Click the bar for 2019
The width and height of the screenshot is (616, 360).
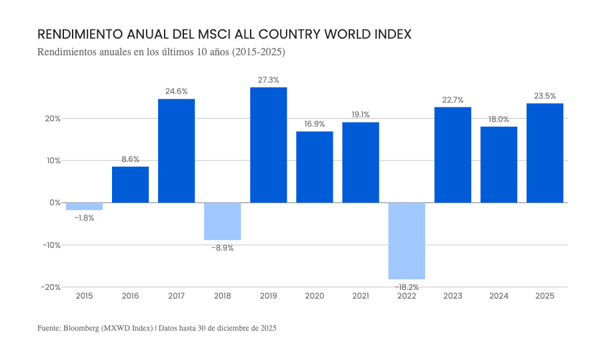click(269, 145)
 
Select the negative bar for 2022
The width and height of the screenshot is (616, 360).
click(407, 241)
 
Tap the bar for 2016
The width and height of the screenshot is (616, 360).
click(130, 185)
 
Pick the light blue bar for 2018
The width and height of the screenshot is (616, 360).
click(223, 221)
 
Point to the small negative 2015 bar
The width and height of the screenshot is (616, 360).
click(85, 206)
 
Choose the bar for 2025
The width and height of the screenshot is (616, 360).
click(545, 153)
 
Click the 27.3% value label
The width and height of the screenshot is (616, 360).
click(269, 80)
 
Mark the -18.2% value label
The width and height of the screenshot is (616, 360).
click(407, 287)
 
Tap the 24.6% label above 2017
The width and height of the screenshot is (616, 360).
click(177, 91)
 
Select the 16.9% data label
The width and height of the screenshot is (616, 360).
click(315, 124)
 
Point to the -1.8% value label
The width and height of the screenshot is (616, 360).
click(85, 218)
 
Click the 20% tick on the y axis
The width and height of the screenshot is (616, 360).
click(53, 119)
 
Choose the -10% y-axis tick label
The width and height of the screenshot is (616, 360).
click(51, 245)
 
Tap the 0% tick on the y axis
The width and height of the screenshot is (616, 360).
click(55, 203)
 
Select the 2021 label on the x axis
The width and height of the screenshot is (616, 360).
click(361, 296)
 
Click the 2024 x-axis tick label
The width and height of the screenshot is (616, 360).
click(499, 296)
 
